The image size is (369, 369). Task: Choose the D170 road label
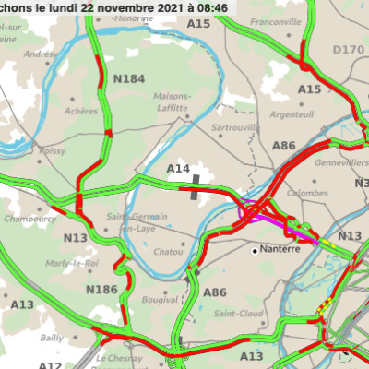click(x=348, y=49)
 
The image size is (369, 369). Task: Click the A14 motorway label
click(x=177, y=169)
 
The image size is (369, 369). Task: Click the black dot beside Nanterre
click(x=256, y=249)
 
